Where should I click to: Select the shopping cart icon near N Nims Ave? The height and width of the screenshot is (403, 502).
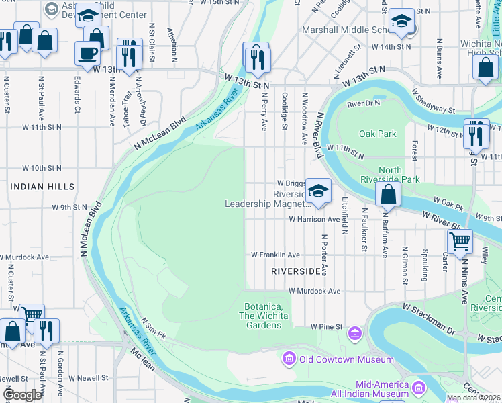click(x=460, y=240)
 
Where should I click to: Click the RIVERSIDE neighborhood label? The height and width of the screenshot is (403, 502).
click(x=296, y=271)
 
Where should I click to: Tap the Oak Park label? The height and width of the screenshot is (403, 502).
click(x=378, y=134)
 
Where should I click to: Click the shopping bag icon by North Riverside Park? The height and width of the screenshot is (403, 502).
click(x=388, y=195)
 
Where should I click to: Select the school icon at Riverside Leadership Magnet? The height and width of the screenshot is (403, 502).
click(x=318, y=190)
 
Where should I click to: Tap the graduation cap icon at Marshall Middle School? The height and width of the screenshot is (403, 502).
click(x=401, y=24)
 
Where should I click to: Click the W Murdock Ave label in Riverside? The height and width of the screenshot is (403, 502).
click(x=315, y=292)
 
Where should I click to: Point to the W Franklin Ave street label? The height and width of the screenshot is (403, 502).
click(x=275, y=255)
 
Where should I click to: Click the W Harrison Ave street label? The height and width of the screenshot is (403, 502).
click(x=314, y=219)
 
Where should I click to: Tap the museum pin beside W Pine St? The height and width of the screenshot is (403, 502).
click(x=354, y=332)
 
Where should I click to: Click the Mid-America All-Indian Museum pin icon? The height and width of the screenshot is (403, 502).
click(x=419, y=388)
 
